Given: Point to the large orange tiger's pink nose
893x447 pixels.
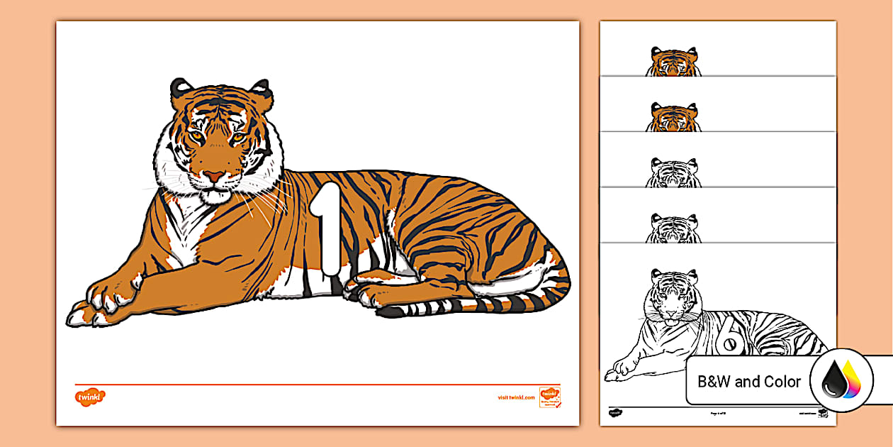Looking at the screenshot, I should pos(214,175).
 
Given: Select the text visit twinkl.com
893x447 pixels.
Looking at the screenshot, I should pos(516,397).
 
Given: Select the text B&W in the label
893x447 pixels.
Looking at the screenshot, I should pos(714,382).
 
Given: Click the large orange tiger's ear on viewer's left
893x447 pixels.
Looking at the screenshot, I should pos(181,89).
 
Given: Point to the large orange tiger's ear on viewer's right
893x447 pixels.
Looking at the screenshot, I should pos(260,90).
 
